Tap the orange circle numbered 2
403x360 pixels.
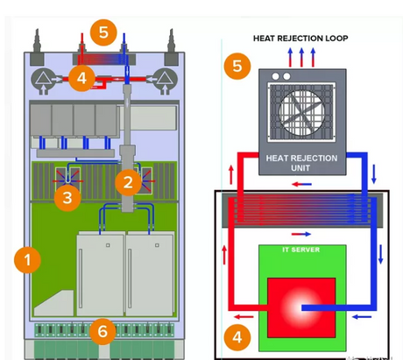128,182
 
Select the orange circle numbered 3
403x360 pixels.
67,196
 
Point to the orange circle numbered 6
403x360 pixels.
103,330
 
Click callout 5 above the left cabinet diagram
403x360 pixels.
104,33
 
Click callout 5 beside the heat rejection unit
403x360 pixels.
236,66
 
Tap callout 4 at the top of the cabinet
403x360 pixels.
81,77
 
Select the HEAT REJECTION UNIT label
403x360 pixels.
301,163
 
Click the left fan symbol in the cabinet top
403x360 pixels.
42,78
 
